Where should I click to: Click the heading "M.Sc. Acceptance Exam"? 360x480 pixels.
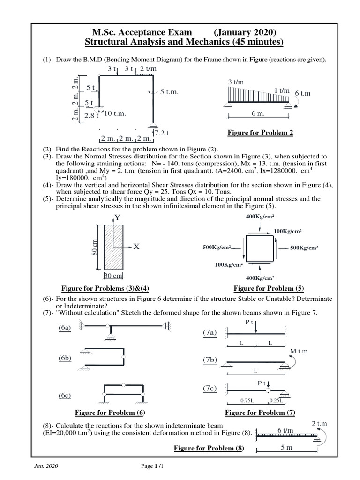point(142,32)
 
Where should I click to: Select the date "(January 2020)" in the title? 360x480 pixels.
point(245,32)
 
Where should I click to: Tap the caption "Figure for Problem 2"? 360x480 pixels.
point(260,133)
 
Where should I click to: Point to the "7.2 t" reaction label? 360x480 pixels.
point(162,133)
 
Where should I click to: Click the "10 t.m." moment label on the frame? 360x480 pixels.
point(115,113)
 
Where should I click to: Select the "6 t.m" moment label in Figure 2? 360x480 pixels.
point(303,93)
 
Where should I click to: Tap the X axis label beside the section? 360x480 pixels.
point(136,247)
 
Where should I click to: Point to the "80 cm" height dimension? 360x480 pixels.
point(96,248)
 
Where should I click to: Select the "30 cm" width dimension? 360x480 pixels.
point(113,276)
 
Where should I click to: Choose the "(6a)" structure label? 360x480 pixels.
point(65,328)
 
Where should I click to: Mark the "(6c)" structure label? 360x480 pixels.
point(65,396)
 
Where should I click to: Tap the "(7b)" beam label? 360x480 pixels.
point(210,360)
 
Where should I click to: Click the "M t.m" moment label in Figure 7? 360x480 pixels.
point(300,351)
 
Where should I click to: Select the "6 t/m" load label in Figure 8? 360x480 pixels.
point(285,430)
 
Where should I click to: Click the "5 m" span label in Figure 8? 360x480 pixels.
point(286,447)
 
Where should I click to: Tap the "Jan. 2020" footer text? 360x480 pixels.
point(46,466)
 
